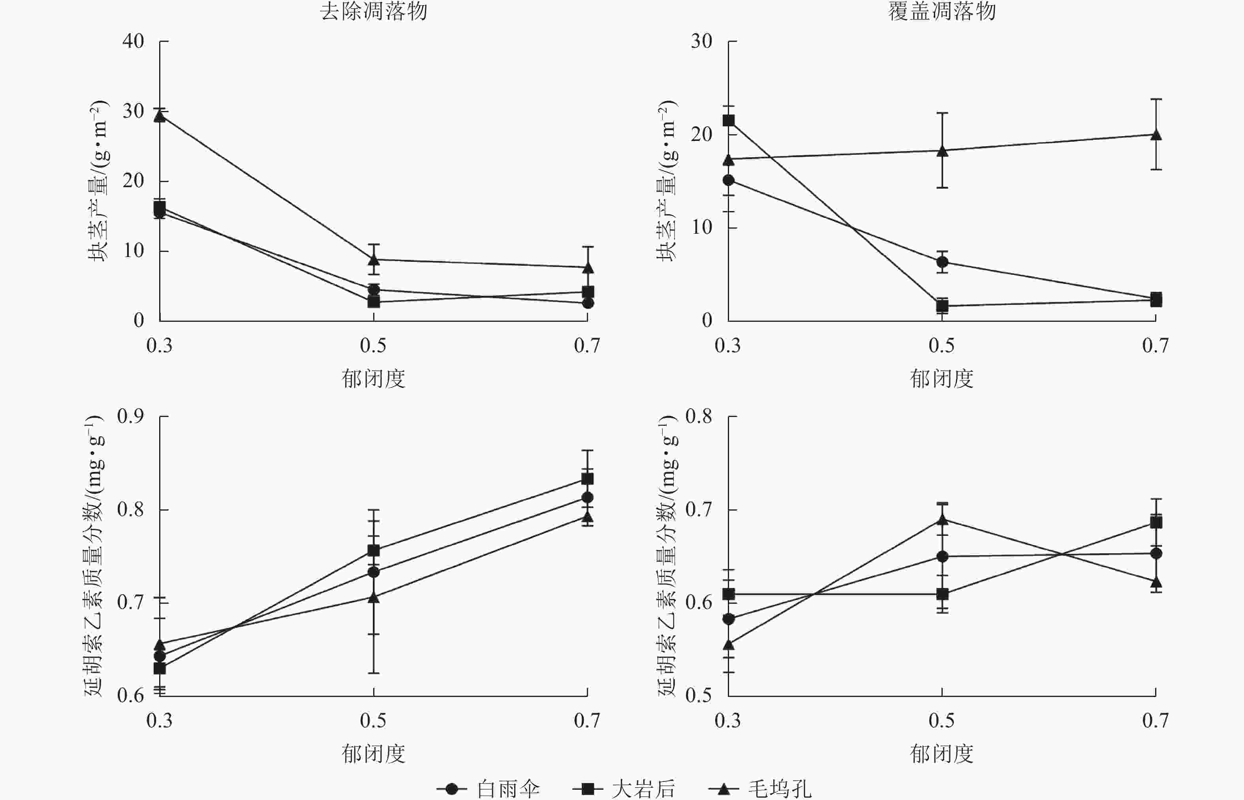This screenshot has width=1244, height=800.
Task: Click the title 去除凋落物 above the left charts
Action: (x=374, y=11)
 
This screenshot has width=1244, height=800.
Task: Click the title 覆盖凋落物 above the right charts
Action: (x=942, y=11)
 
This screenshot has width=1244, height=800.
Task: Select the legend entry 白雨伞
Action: (x=508, y=789)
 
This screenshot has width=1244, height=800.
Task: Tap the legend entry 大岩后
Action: (x=643, y=789)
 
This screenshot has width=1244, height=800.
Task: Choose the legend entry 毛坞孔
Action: (x=779, y=789)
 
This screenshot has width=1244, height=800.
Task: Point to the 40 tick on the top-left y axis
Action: (x=133, y=41)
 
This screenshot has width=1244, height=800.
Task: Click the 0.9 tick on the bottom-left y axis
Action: (x=130, y=416)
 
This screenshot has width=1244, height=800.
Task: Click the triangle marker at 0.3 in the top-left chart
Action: (x=160, y=116)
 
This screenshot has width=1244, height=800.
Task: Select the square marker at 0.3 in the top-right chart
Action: (x=729, y=120)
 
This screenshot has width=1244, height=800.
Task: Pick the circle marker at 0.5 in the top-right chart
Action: (x=942, y=262)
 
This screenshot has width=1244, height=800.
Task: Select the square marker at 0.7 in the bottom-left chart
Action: (x=588, y=479)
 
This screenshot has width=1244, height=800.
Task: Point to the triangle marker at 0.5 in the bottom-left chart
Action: (x=374, y=597)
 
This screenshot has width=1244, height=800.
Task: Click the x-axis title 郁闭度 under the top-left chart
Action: (x=374, y=379)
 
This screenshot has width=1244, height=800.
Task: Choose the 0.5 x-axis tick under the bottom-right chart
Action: (x=942, y=721)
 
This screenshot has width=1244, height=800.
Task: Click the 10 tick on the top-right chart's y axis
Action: (x=702, y=227)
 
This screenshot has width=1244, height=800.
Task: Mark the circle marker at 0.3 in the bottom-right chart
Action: (x=729, y=619)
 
